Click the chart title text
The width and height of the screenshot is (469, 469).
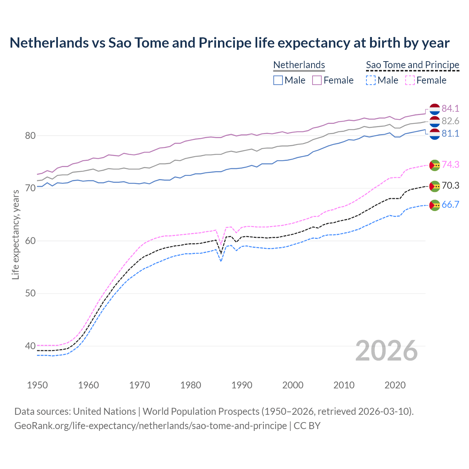tap(229, 43)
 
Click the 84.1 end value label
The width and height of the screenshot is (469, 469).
tap(450, 108)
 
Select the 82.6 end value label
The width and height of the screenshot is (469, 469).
tap(450, 121)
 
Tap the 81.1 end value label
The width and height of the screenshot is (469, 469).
tap(450, 133)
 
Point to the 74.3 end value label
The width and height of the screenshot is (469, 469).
tap(450, 165)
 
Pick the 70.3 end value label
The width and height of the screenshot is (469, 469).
tap(450, 185)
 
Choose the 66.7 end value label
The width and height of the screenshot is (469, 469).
tap(450, 204)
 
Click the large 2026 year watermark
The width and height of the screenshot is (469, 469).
tap(387, 351)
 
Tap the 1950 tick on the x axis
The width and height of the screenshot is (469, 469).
tap(37, 385)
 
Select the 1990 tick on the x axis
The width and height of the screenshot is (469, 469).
tap(242, 385)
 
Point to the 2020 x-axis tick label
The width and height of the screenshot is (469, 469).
tap(395, 385)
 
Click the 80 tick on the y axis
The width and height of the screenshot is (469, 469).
tap(30, 136)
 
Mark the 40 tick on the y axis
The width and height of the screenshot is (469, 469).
tap(30, 346)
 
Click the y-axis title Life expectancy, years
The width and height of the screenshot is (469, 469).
tap(16, 234)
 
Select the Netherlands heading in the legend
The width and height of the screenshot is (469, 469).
tap(299, 65)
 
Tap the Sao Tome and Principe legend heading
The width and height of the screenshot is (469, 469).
tap(413, 65)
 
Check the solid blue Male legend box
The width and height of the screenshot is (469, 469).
tap(278, 80)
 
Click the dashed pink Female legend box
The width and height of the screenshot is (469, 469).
tap(410, 80)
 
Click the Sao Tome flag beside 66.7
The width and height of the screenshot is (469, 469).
tap(435, 205)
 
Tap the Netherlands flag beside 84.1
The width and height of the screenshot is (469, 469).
tap(435, 109)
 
